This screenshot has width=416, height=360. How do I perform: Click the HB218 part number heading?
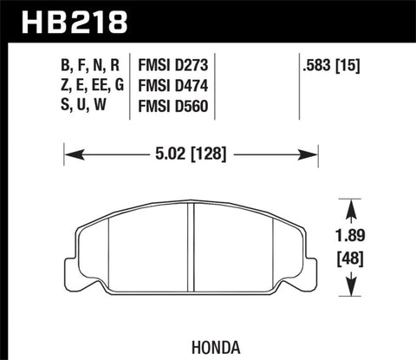60,18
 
